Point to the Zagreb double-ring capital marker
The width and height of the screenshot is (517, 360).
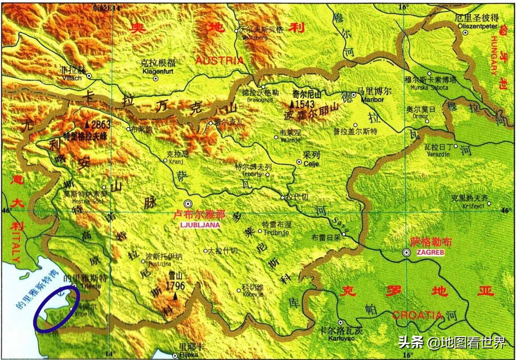point(406,253)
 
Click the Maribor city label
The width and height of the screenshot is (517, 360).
point(374,99)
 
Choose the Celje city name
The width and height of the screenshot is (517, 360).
point(311,164)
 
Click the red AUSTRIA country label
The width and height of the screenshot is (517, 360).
point(219,60)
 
